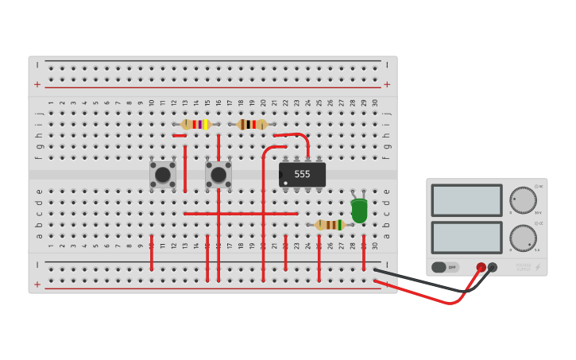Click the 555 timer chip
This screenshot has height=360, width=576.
302,174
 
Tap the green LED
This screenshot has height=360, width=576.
359,211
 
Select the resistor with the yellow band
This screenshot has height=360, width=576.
195,124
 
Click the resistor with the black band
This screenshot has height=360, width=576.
252,124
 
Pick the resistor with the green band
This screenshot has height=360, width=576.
330,225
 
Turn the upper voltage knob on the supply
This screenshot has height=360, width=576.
523,200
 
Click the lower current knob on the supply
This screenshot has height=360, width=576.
523,238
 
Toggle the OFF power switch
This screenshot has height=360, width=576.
445,267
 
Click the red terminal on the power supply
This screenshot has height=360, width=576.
481,267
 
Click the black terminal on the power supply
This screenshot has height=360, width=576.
493,267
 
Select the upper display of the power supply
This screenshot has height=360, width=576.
466,200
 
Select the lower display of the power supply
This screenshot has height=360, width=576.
466,238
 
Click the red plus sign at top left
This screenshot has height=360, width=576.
37,84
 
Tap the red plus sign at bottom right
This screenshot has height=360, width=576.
387,284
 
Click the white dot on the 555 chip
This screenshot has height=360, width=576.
285,184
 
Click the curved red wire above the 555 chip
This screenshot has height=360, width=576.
296,135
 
